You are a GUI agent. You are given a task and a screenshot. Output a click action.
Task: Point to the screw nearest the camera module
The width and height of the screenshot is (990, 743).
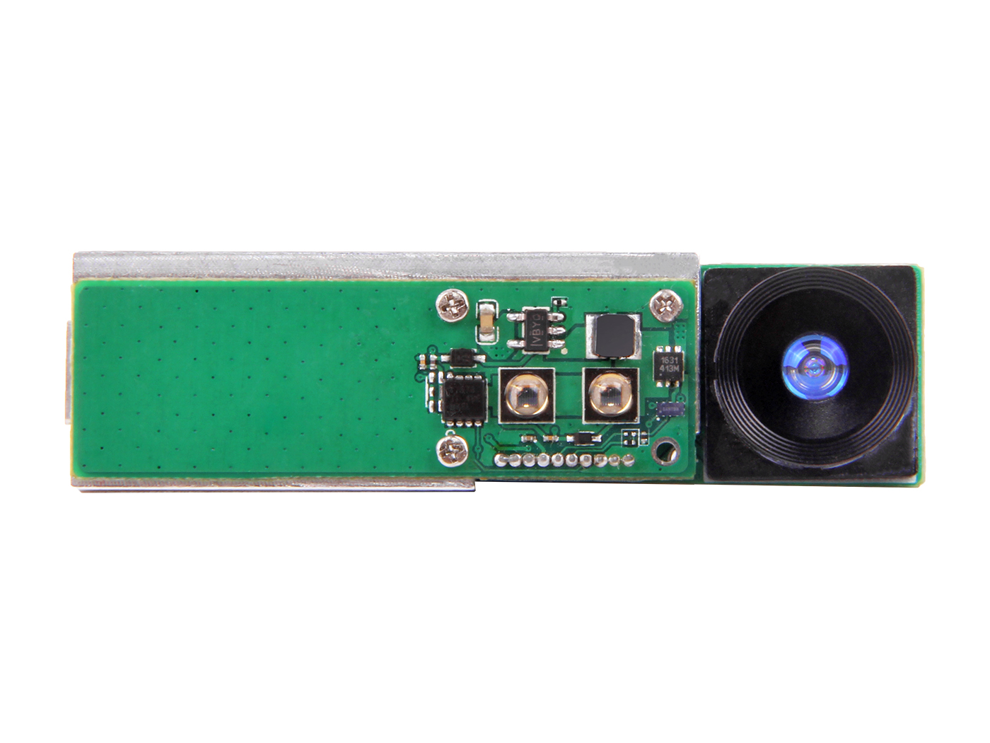(x=667, y=304)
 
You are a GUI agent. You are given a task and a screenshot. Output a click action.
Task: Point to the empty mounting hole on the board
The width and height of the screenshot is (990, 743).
(x=663, y=449)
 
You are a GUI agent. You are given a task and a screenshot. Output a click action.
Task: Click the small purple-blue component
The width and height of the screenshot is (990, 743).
(x=670, y=409)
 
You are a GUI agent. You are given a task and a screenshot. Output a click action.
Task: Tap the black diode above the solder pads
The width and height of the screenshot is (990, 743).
(x=581, y=439)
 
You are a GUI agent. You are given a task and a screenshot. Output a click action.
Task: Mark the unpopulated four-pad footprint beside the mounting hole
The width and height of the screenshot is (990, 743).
(x=633, y=437)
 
